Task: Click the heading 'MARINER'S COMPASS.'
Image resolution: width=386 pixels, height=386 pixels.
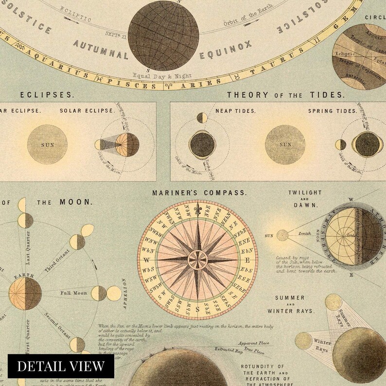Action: click(x=199, y=193)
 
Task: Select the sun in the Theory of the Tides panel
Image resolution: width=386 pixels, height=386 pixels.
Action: click(x=285, y=144)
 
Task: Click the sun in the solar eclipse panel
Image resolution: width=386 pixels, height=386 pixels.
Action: click(x=47, y=144)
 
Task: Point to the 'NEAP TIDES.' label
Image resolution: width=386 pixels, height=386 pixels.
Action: click(x=235, y=111)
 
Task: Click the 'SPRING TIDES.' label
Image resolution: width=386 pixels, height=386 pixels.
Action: click(x=333, y=111)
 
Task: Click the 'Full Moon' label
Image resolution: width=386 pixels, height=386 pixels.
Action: click(x=73, y=294)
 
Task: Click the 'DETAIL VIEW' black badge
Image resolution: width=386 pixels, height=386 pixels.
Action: click(x=61, y=365)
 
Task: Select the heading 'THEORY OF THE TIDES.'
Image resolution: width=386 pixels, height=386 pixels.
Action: click(x=285, y=95)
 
